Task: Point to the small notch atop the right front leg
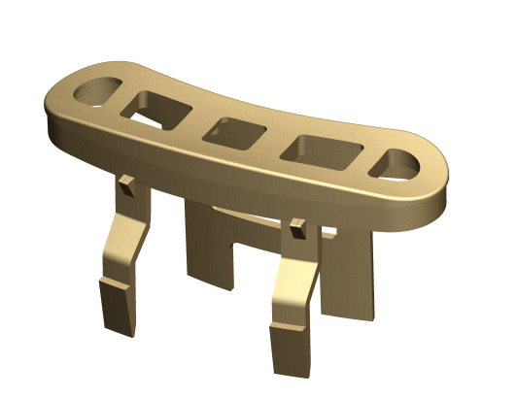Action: (296, 232)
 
